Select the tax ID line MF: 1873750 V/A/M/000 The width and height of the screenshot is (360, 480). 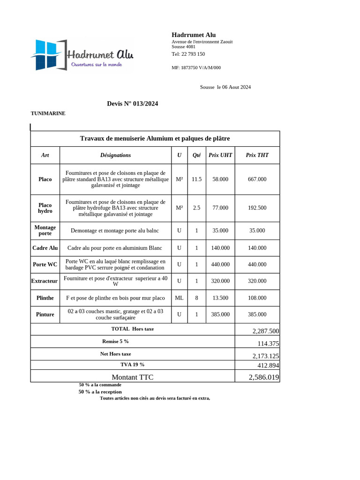196,67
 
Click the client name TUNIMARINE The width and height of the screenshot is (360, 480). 48,113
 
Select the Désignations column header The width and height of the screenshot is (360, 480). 115,155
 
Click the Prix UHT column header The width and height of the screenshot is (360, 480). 220,155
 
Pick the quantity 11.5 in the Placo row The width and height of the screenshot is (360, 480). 196,179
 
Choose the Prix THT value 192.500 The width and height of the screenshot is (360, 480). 257,208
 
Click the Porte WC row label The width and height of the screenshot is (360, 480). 45,264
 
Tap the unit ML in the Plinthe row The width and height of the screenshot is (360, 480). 179,298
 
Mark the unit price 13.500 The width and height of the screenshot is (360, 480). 220,298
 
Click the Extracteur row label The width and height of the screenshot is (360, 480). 45,281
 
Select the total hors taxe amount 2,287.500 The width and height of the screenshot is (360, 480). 265,331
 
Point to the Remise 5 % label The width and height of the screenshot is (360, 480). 115,341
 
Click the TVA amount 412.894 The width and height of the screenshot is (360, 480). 268,365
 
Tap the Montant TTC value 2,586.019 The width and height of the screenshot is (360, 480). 263,377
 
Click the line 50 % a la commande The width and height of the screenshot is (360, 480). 100,384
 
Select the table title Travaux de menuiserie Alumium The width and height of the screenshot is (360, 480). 155,138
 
